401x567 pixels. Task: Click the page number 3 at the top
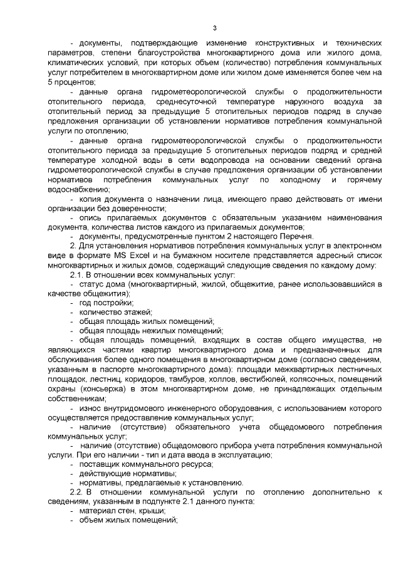(x=215, y=28)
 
